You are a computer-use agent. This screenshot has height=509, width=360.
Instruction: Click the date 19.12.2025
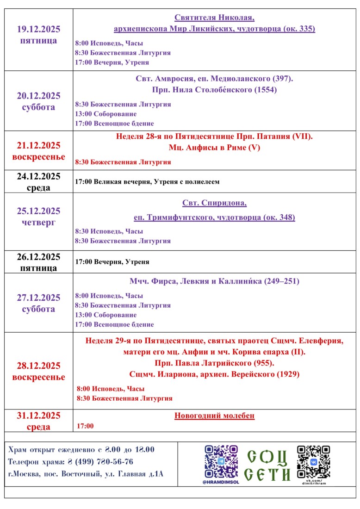(38, 29)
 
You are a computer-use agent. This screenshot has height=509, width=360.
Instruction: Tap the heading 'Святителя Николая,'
(214, 18)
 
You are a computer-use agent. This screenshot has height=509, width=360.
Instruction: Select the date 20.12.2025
(38, 96)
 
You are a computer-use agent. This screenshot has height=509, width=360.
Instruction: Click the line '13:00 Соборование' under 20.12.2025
(106, 114)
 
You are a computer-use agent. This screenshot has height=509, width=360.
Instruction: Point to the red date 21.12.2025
(38, 145)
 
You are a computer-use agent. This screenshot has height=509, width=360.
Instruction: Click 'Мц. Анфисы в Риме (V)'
(214, 148)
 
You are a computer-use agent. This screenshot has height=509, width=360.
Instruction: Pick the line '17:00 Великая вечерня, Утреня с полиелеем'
(147, 182)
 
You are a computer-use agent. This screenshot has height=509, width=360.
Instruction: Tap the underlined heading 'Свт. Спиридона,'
(214, 204)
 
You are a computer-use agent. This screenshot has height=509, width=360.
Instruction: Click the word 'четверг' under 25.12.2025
(38, 223)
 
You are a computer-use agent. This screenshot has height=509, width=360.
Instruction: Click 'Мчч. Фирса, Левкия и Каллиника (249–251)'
(214, 281)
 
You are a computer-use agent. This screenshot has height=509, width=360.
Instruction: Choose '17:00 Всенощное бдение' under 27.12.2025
(114, 324)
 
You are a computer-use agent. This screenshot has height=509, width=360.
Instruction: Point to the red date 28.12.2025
(38, 366)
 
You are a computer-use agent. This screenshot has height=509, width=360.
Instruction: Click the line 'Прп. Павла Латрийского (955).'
(214, 363)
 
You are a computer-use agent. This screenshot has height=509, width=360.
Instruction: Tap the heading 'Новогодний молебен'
(214, 416)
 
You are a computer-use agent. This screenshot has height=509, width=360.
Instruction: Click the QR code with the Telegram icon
(221, 462)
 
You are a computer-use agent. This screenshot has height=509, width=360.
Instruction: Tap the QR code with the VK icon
(313, 462)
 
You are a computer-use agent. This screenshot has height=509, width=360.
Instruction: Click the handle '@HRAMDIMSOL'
(221, 482)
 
